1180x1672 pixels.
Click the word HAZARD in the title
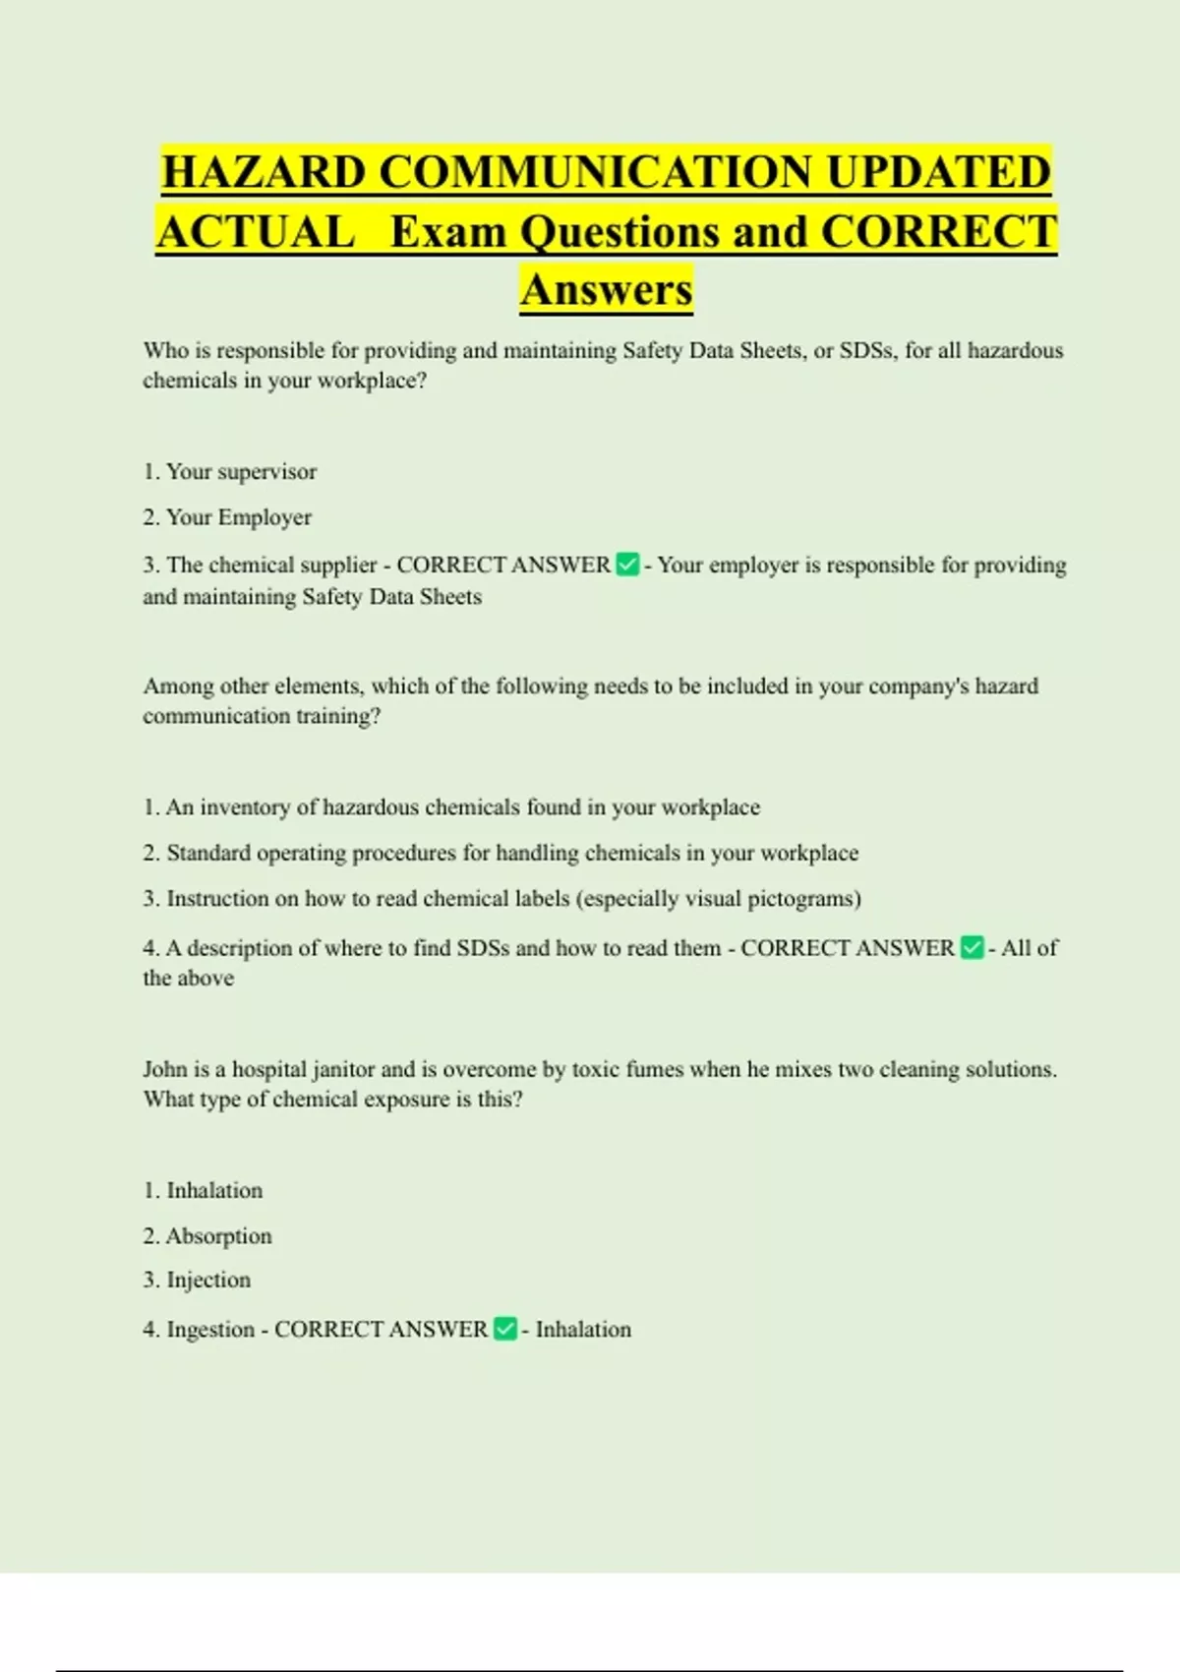265,172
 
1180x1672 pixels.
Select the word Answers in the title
607,289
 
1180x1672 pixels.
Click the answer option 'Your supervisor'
241,472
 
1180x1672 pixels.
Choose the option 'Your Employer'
238,517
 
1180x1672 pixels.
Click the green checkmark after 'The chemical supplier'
627,565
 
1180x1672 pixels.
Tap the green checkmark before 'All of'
972,947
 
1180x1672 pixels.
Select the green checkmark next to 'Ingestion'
504,1329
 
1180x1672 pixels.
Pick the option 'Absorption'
218,1236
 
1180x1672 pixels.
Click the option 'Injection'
208,1280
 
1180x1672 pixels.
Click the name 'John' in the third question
164,1069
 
